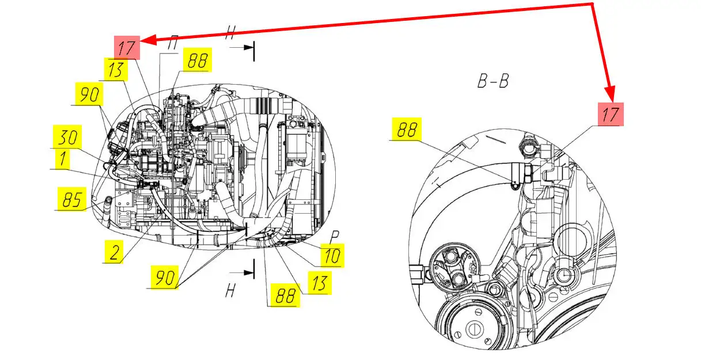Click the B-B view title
click(493, 81)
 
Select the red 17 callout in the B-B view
click(611, 114)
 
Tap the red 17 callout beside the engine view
click(127, 48)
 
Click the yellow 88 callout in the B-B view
click(407, 129)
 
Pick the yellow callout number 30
click(67, 137)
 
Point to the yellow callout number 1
click(63, 158)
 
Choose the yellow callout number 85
click(72, 199)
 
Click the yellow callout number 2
click(114, 252)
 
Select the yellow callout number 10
click(332, 255)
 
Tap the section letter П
click(172, 43)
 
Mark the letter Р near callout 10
click(335, 237)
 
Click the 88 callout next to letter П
click(198, 60)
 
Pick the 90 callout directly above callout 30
click(89, 94)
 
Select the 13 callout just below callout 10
click(320, 283)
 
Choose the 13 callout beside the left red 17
click(116, 69)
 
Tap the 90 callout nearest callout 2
click(165, 277)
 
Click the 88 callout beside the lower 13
click(285, 295)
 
